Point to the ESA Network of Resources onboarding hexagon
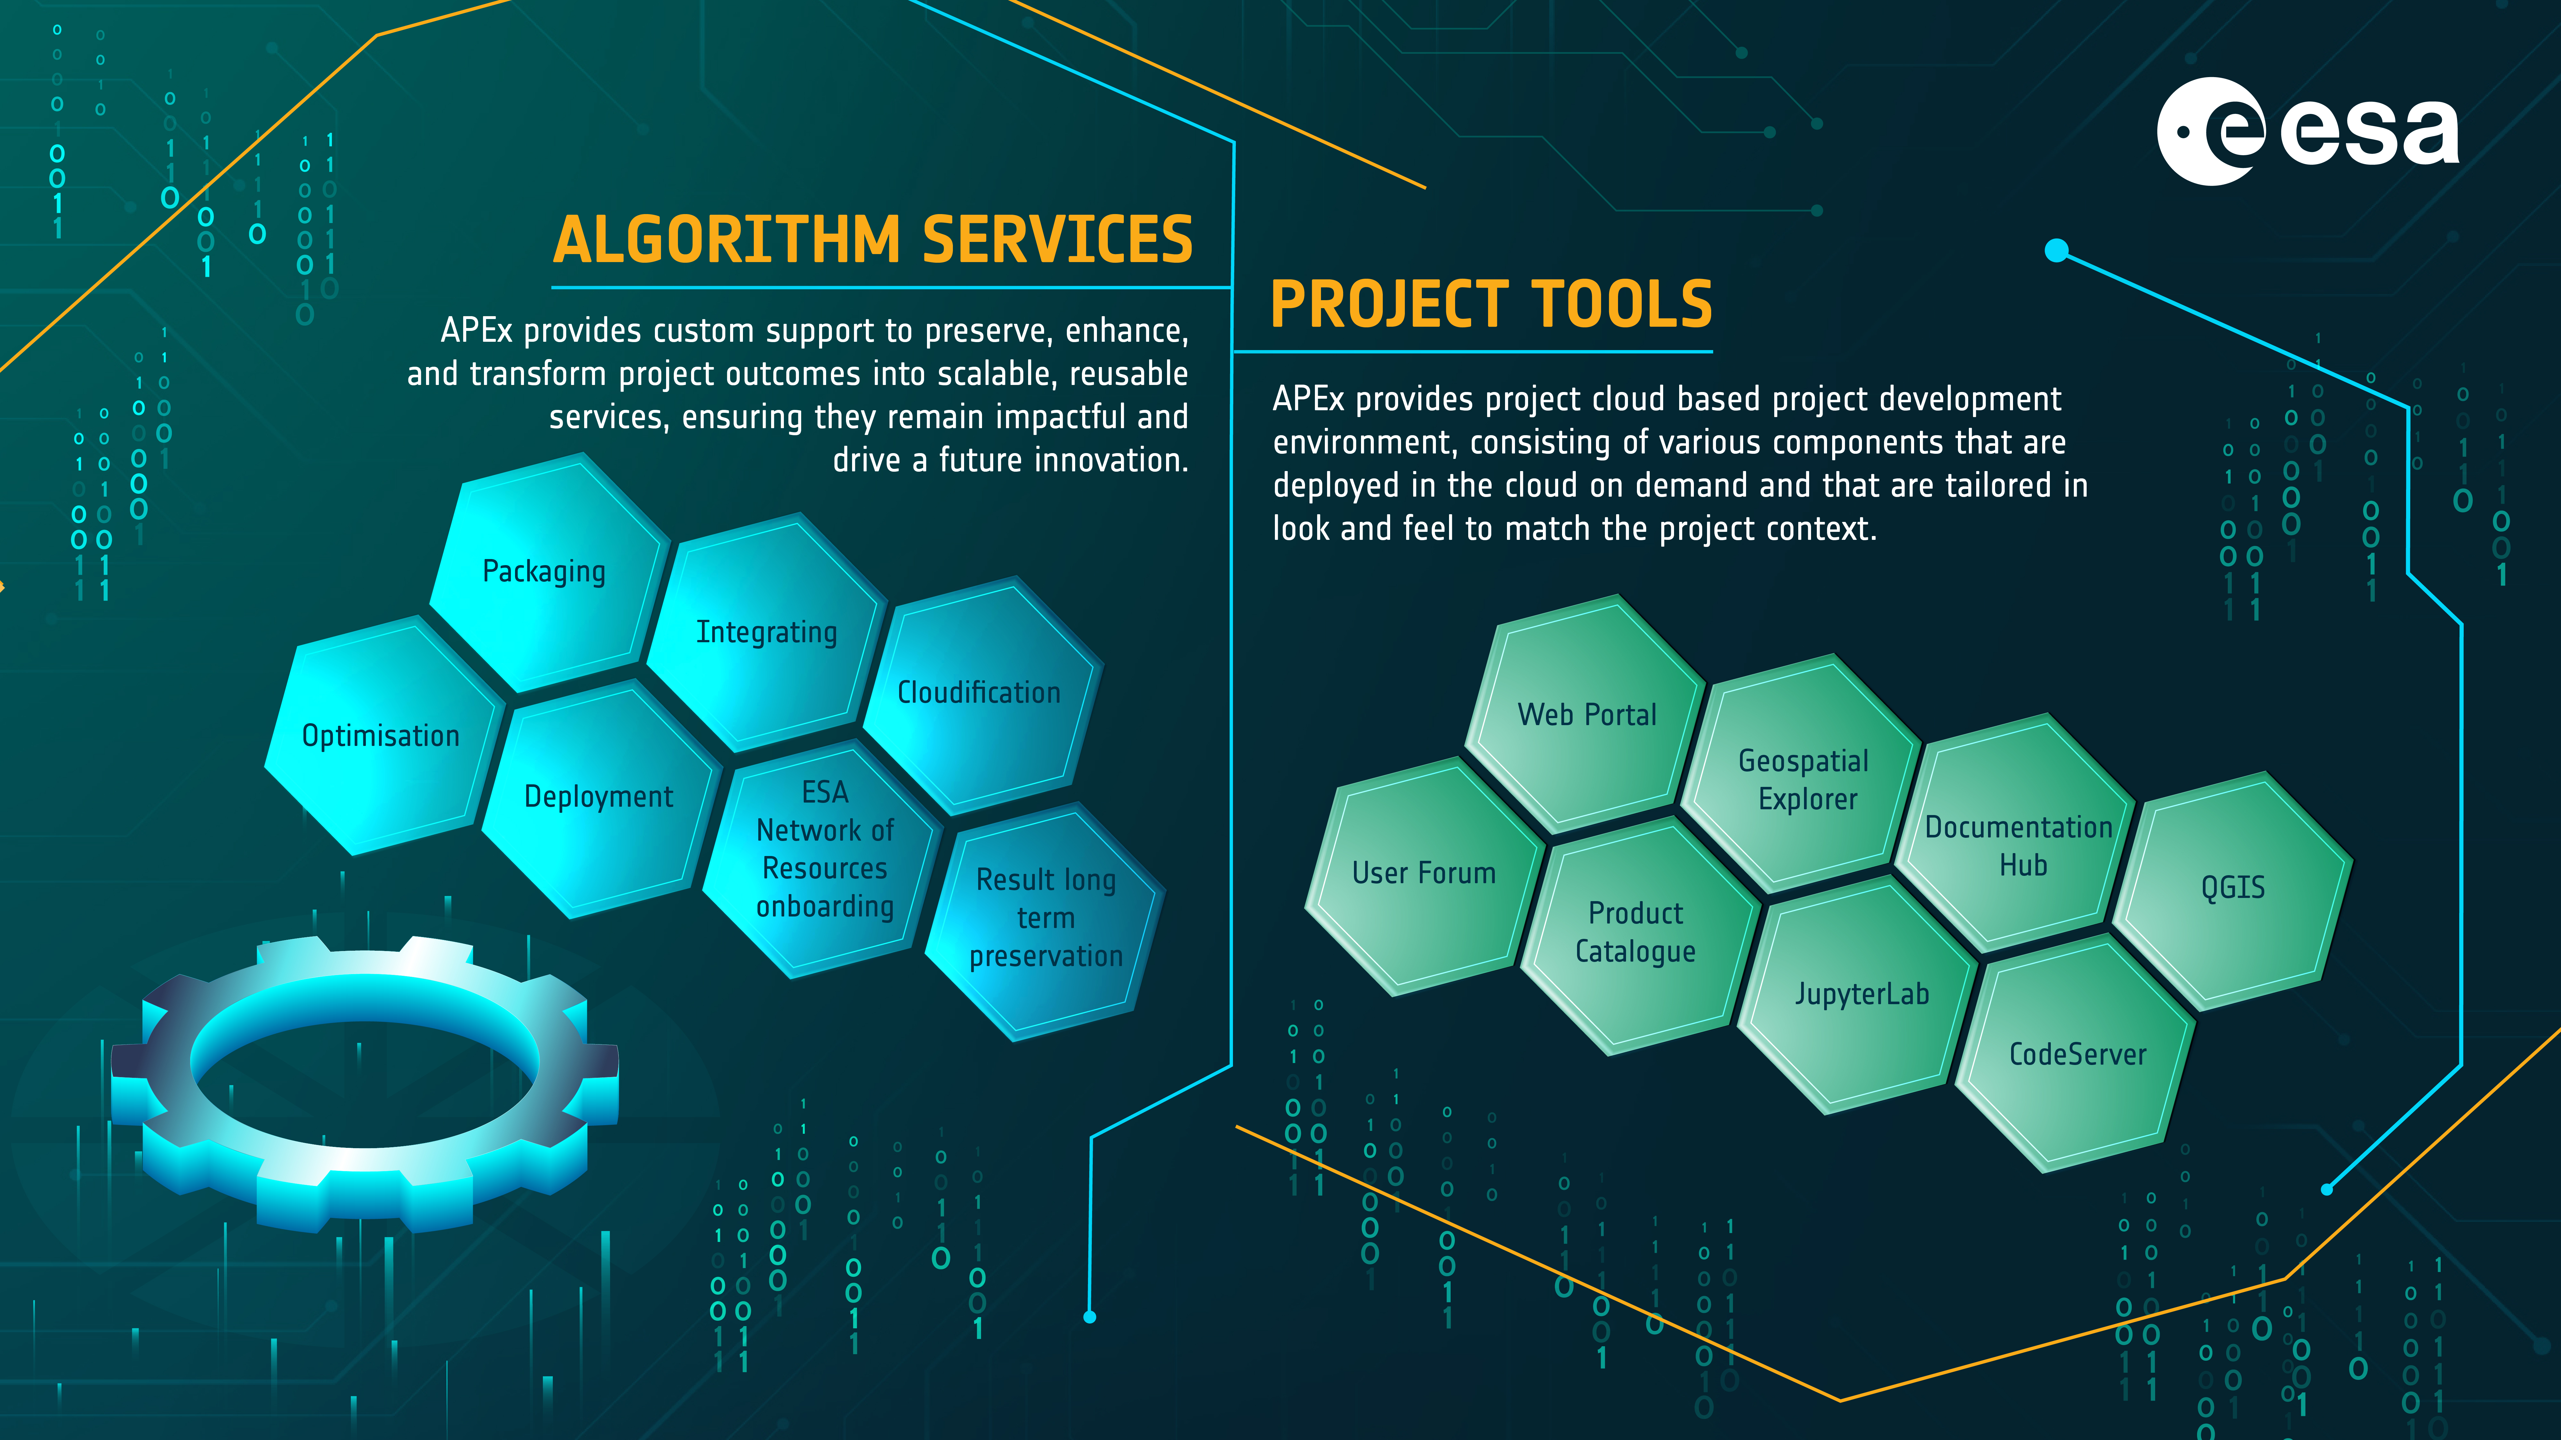click(x=823, y=859)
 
